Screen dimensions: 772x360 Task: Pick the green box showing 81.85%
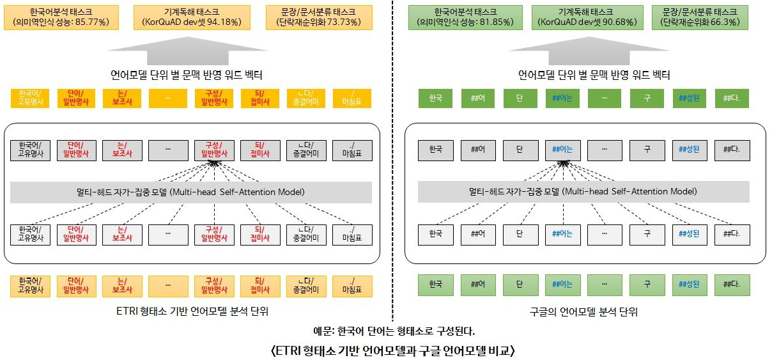point(463,17)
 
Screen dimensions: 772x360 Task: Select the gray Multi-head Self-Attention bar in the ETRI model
point(191,192)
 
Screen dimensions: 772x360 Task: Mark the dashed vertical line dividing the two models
point(392,160)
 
